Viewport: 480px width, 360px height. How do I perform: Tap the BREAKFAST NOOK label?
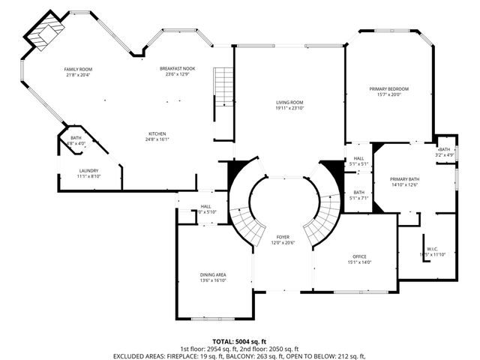pyautogui.click(x=177, y=69)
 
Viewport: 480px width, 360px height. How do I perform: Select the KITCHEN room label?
pyautogui.click(x=157, y=133)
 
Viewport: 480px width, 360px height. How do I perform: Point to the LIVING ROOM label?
pyautogui.click(x=289, y=103)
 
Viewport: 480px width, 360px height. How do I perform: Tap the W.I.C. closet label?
pyautogui.click(x=432, y=249)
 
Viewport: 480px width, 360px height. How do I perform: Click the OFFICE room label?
pyautogui.click(x=359, y=256)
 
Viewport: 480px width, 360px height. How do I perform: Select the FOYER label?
pyautogui.click(x=283, y=236)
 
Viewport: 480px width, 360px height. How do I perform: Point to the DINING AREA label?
pyautogui.click(x=213, y=274)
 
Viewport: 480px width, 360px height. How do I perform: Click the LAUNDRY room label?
pyautogui.click(x=88, y=170)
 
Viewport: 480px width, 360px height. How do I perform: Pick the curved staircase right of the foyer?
pyautogui.click(x=322, y=217)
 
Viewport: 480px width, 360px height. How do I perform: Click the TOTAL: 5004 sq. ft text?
pyautogui.click(x=239, y=340)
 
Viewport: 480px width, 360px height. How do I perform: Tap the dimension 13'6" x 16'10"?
pyautogui.click(x=213, y=280)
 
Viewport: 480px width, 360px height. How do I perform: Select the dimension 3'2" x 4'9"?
pyautogui.click(x=445, y=155)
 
